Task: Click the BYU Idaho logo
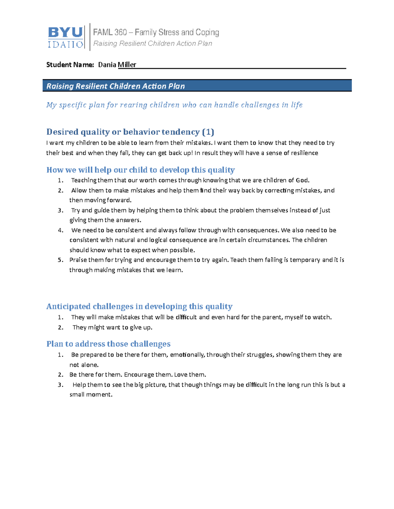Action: click(x=65, y=37)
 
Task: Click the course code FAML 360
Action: click(x=110, y=32)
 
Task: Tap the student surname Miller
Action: click(x=127, y=65)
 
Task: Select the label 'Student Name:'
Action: click(x=70, y=65)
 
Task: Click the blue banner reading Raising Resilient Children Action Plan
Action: click(x=197, y=86)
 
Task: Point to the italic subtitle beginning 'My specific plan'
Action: click(x=174, y=105)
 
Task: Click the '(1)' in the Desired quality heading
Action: click(x=208, y=132)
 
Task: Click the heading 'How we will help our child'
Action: click(x=140, y=170)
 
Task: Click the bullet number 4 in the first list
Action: click(x=60, y=230)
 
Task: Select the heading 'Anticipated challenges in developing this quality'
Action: click(x=139, y=306)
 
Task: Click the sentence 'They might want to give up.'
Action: click(x=112, y=327)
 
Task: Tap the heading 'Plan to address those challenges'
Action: click(x=108, y=344)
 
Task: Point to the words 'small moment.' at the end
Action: click(x=91, y=395)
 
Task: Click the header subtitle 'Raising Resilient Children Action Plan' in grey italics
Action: click(x=153, y=44)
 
